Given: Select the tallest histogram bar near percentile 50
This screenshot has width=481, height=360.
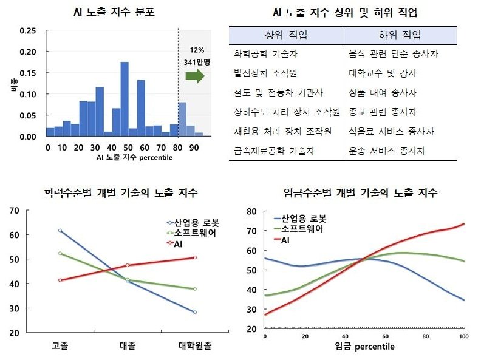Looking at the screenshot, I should click(x=125, y=99).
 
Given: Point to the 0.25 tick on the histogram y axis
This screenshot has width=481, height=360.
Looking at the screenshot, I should click(x=27, y=31).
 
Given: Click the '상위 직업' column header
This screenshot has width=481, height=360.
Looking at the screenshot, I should click(x=286, y=35).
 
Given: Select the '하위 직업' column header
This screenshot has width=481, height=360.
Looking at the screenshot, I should click(x=399, y=35).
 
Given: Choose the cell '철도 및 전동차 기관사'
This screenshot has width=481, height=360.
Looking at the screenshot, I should click(x=278, y=93).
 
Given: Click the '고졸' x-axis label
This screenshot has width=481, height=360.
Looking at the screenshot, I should click(x=60, y=345).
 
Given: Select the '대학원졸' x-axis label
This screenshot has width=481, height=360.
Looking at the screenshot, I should click(x=195, y=345).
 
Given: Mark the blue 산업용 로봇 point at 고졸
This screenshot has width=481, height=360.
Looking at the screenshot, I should click(x=60, y=231).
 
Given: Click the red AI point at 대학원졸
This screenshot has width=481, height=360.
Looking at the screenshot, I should click(x=195, y=257).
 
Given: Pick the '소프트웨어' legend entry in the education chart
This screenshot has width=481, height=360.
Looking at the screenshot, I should click(x=194, y=233).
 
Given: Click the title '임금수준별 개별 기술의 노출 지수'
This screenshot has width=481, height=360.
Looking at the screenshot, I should click(x=361, y=193).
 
